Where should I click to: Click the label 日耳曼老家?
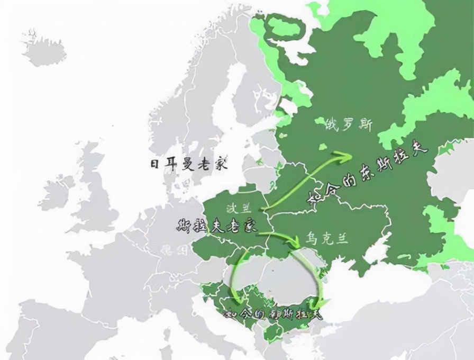[x=189, y=164]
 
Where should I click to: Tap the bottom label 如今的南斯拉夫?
[x=272, y=314]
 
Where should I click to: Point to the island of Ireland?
[x=58, y=194]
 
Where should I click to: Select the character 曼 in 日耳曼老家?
[x=189, y=164]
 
